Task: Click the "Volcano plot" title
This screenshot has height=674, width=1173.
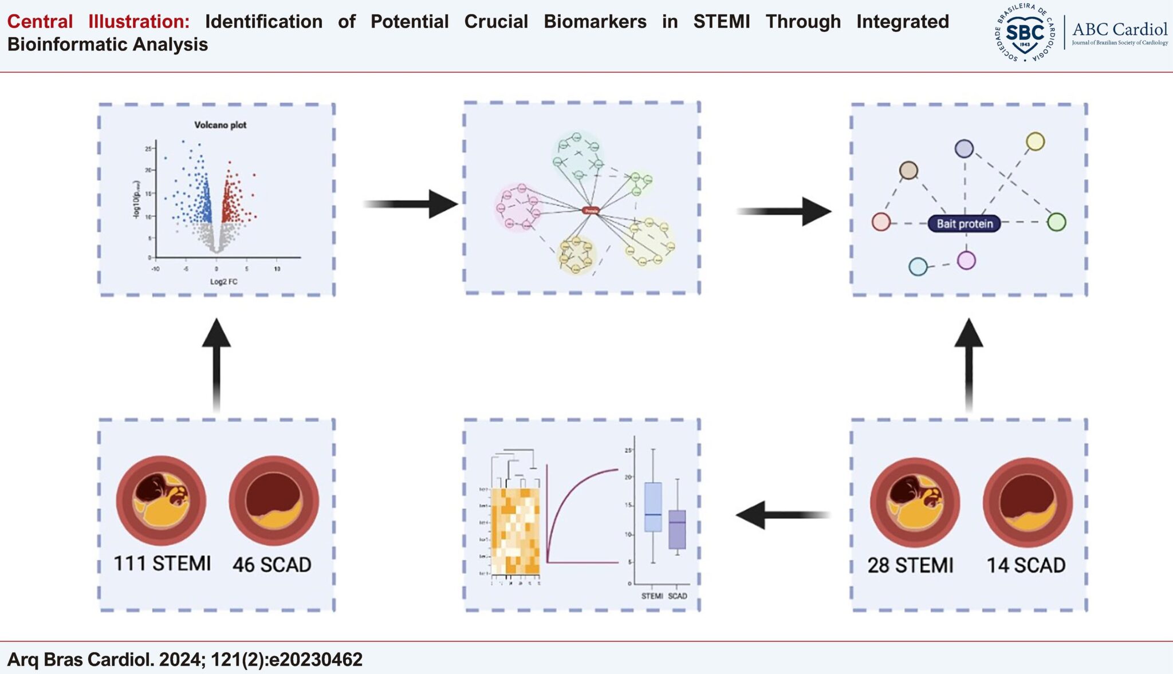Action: (220, 125)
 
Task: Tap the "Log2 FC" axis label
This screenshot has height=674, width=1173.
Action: (223, 282)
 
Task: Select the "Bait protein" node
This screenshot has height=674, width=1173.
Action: (965, 223)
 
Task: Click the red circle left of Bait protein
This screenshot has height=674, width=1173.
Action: (881, 222)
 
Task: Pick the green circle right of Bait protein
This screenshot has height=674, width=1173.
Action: (1056, 222)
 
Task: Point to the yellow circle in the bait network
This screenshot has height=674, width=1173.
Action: (1035, 141)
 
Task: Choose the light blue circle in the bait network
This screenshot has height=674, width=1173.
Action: (918, 266)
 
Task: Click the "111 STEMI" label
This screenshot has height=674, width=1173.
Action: (162, 563)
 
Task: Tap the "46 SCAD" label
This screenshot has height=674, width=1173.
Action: (272, 565)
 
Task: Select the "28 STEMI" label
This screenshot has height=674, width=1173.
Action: (910, 565)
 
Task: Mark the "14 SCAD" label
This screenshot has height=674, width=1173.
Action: (1026, 565)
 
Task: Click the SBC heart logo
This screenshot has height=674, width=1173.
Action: (1025, 33)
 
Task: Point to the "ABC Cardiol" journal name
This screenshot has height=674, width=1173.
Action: (1119, 29)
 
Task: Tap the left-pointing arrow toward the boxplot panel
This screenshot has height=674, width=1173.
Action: (782, 515)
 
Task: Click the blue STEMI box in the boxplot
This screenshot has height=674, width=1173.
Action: (653, 507)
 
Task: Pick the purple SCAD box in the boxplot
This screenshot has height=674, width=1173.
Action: (677, 529)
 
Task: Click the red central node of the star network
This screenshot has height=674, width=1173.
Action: (591, 211)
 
